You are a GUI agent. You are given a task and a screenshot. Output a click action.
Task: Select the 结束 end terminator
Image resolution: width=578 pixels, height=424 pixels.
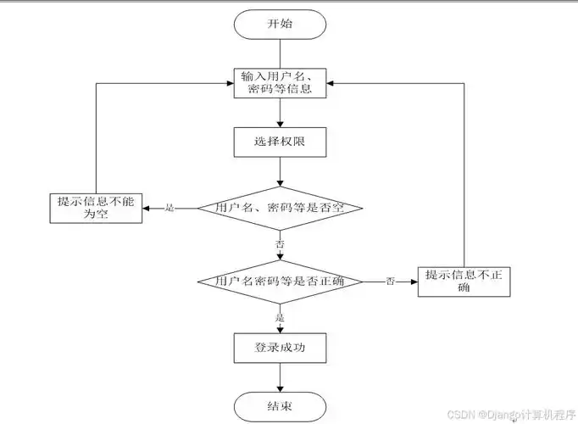coord(280,406)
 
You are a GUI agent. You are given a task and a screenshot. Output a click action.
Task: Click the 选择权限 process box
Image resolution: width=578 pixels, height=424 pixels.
coord(280,142)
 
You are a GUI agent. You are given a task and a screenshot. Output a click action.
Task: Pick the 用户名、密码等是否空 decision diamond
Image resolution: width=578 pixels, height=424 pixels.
coord(280,208)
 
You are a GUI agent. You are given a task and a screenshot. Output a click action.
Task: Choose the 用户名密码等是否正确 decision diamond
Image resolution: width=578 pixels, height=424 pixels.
coord(280,281)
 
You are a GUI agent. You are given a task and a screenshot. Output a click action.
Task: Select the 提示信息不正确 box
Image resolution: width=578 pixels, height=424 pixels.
coord(465,281)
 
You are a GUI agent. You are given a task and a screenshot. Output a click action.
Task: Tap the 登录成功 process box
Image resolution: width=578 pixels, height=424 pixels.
coord(280,348)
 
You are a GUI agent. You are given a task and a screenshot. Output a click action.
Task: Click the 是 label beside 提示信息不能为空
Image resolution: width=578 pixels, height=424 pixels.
coord(169,208)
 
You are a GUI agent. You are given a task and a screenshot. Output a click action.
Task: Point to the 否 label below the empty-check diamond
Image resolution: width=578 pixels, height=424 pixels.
coord(280,243)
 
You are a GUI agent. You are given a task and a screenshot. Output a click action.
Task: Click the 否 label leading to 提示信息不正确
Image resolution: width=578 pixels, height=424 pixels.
coord(390,281)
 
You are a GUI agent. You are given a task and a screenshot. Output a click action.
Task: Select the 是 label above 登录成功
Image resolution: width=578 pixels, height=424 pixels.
coord(280,317)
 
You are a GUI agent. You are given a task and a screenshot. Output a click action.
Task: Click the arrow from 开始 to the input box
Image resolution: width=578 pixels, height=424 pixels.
coord(280,54)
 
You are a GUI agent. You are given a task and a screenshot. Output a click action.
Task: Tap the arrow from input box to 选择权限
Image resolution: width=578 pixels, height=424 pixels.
coord(280,114)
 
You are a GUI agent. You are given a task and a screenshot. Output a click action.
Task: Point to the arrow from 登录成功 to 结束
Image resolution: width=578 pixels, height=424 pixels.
coord(280,377)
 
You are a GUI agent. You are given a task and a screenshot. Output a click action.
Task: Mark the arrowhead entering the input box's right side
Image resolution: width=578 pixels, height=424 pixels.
coord(331,84)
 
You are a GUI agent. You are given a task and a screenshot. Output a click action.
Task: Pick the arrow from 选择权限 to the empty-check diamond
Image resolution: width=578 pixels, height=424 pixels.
coord(280,171)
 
